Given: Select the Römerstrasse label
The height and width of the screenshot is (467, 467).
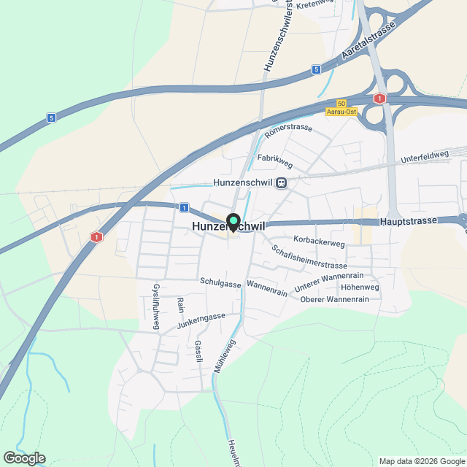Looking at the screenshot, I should coord(289,131).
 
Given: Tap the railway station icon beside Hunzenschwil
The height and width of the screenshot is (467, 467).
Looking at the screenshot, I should coord(282,182).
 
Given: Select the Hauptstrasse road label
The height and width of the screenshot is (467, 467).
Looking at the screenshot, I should coord(408,220).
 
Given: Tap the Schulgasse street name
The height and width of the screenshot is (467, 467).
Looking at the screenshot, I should coord(220,282).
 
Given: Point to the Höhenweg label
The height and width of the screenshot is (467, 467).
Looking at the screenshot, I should coord(360,287).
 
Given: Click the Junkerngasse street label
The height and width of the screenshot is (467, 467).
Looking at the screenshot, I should coord(201,317).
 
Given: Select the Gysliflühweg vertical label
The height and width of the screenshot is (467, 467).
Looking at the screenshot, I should coord(155,307).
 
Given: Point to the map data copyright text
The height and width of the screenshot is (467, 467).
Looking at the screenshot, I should coord(421,461).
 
